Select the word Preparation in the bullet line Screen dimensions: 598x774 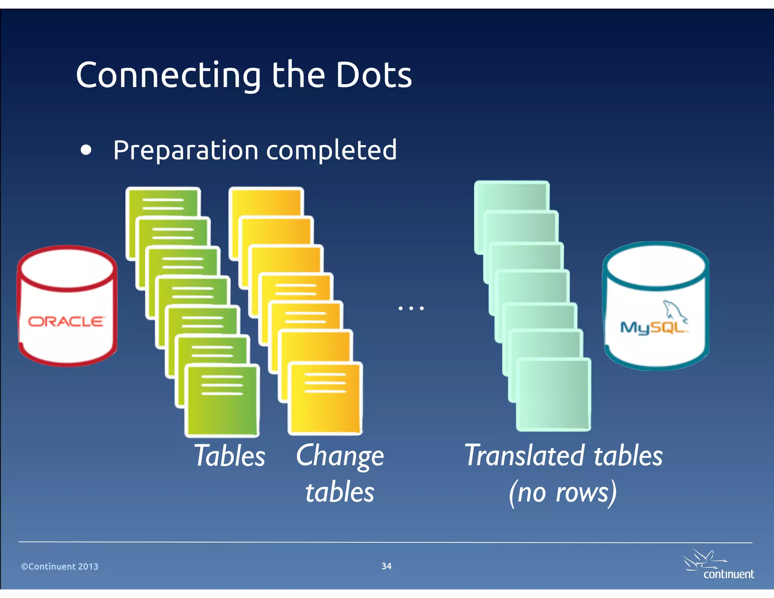click(x=186, y=150)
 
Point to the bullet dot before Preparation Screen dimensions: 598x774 click(x=86, y=150)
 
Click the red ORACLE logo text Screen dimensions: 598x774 click(x=66, y=322)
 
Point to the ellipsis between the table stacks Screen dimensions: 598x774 click(x=411, y=308)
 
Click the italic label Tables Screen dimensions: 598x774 click(x=229, y=456)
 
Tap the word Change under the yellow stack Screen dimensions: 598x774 click(x=340, y=457)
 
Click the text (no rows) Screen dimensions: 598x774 click(x=563, y=493)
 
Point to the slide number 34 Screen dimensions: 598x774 click(x=386, y=566)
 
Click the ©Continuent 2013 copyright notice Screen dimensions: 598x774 click(x=60, y=566)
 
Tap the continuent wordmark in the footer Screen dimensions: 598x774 click(x=728, y=574)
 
